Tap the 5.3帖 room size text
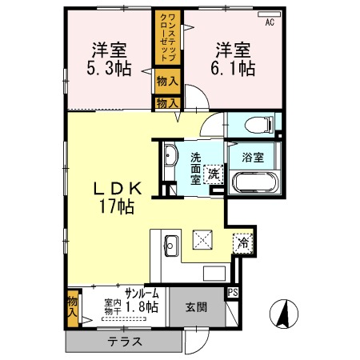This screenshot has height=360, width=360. click(x=106, y=68)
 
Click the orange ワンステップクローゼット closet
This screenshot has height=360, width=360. click(x=167, y=39)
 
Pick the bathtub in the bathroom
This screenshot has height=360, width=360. click(x=255, y=182)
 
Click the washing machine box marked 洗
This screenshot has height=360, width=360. click(x=214, y=174)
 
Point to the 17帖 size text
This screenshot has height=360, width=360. click(x=117, y=206)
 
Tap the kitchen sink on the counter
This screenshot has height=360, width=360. click(x=170, y=246)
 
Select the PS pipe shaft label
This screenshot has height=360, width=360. click(x=233, y=293)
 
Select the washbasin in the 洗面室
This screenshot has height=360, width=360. click(x=170, y=157)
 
